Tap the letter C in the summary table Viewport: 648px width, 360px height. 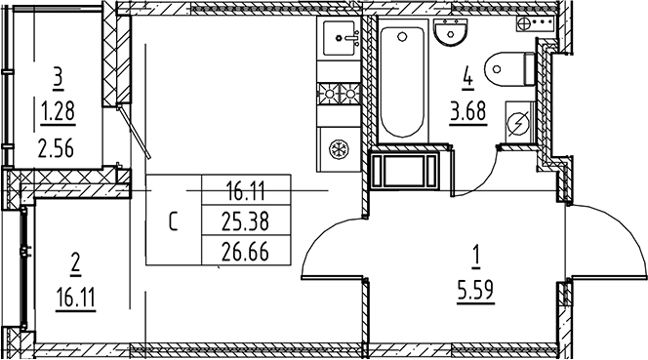pos(173,220)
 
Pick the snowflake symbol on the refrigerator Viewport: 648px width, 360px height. pos(340,150)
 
